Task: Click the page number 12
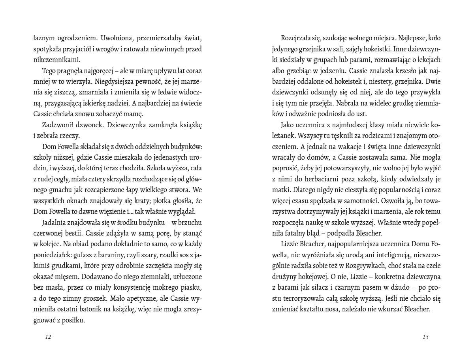coord(48,337)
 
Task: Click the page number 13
coord(425,337)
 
